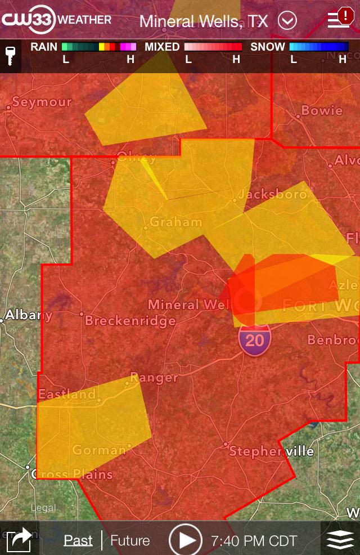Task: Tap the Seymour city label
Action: [42, 102]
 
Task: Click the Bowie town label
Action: [322, 110]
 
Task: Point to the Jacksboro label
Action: [273, 195]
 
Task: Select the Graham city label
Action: [175, 222]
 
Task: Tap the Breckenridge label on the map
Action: [130, 321]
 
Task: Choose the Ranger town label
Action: [154, 377]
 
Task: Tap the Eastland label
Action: [67, 394]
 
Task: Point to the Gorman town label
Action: [99, 450]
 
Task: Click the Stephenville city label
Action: [272, 451]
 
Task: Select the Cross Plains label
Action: [72, 474]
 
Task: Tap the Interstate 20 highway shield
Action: [255, 341]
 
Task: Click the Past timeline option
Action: [78, 540]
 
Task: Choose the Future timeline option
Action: [130, 540]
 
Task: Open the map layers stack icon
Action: [340, 540]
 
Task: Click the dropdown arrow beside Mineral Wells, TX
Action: [287, 21]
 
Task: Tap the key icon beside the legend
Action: [10, 56]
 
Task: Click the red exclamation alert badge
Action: [344, 16]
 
